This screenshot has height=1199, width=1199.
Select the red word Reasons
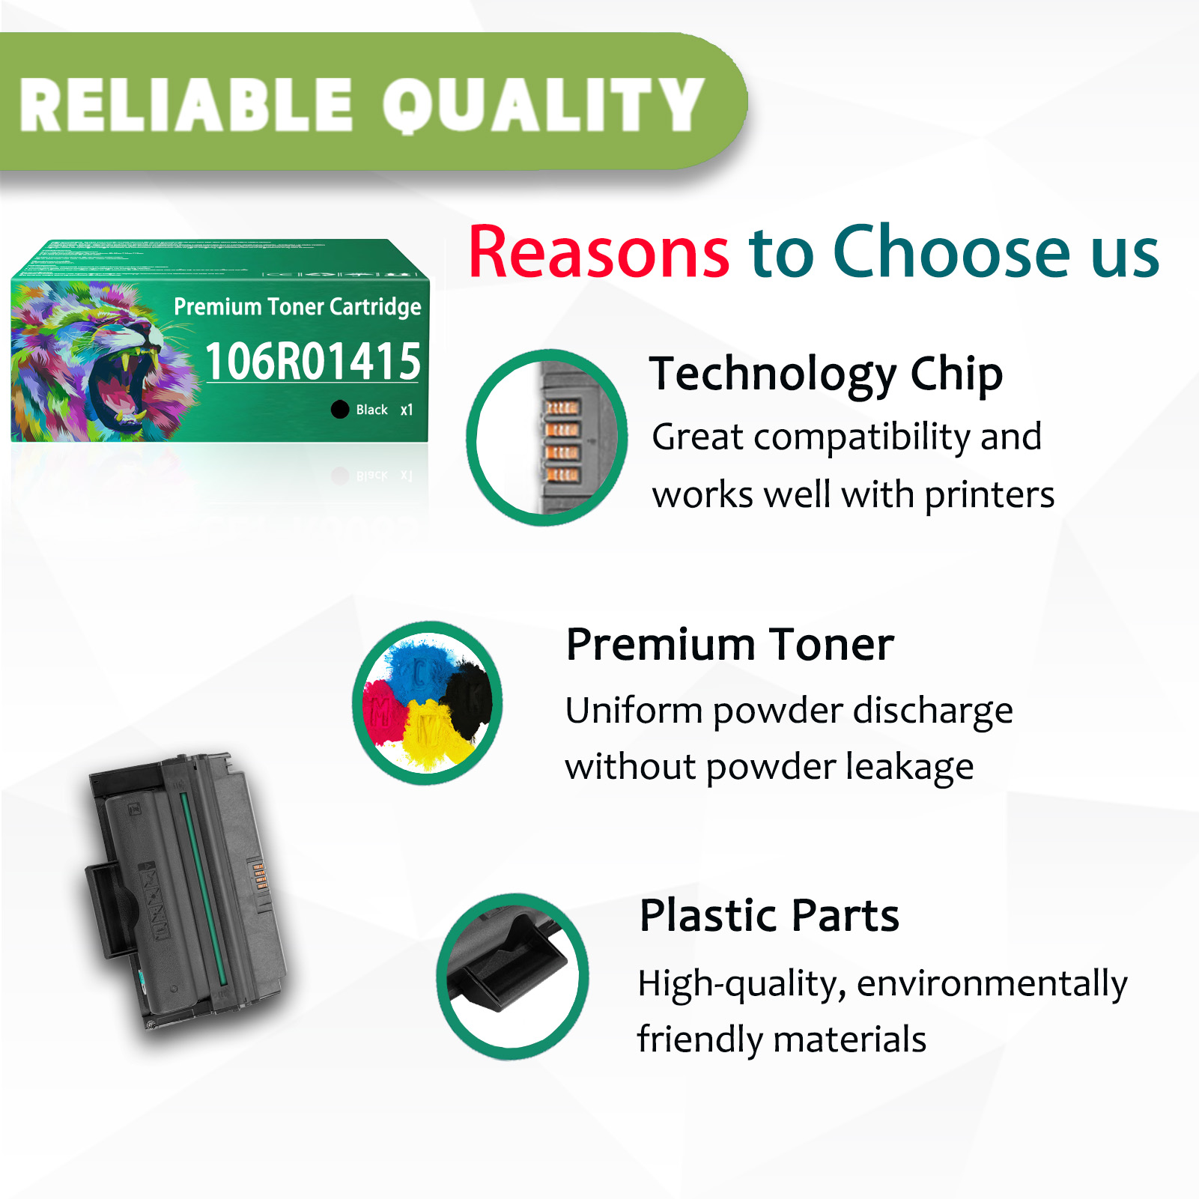(598, 252)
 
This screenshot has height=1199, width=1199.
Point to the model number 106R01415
(312, 362)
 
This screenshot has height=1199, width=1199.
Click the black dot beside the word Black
(340, 410)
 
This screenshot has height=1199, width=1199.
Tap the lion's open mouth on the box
(120, 389)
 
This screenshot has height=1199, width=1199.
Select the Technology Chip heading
(826, 374)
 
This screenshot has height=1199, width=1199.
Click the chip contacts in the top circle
(562, 440)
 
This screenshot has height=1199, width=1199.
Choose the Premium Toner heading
(730, 645)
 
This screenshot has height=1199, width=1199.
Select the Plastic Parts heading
(769, 916)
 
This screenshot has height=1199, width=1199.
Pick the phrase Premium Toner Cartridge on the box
(297, 307)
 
